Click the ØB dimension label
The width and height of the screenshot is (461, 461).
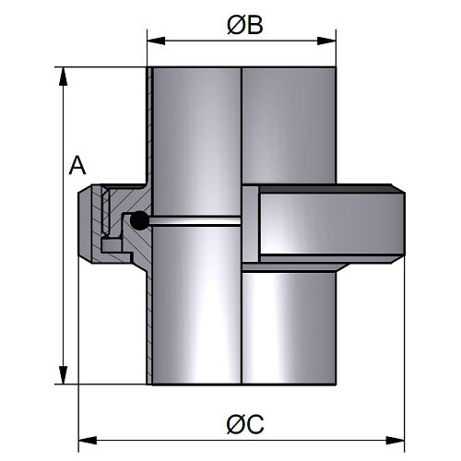[x=245, y=25]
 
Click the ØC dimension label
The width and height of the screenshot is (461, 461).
[x=245, y=424]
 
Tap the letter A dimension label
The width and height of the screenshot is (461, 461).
[x=77, y=165]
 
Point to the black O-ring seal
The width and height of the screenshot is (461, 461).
[x=140, y=220]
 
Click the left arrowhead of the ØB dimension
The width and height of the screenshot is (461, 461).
[x=156, y=41]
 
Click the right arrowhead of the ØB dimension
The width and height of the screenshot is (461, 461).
[x=327, y=41]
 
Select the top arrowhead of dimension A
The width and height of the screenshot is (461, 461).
[x=64, y=77]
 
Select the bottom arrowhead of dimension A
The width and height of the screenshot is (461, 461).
[x=64, y=375]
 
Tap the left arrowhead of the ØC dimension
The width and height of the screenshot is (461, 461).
[x=88, y=440]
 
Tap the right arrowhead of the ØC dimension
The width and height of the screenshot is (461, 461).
[x=396, y=440]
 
